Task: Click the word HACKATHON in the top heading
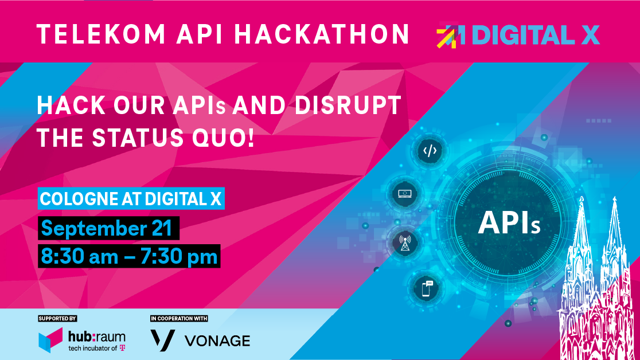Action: (x=322, y=34)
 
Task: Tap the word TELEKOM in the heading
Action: (x=101, y=34)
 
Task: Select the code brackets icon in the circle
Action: (x=430, y=151)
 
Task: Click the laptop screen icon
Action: (x=405, y=193)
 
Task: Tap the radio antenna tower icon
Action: (x=405, y=243)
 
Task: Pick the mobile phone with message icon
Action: (x=427, y=288)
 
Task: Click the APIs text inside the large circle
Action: (x=509, y=223)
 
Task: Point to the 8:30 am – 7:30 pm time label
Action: (x=129, y=256)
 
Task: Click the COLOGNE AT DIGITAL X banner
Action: (x=131, y=199)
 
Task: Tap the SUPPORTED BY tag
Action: (x=57, y=318)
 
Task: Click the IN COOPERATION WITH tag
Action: (x=179, y=318)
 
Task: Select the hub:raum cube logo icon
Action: (x=50, y=340)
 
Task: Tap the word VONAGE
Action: (x=217, y=341)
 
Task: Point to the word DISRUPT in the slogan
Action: (x=348, y=105)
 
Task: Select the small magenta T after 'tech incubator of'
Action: (x=123, y=348)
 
